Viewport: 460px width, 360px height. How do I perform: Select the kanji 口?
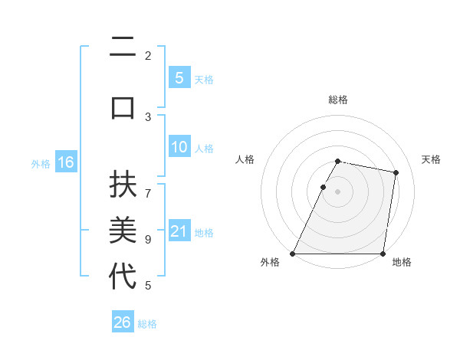123,106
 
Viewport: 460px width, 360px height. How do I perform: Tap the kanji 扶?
123,186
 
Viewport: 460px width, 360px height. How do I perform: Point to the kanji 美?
123,230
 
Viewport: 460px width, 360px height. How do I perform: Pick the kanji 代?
123,276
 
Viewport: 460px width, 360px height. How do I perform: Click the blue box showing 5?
179,77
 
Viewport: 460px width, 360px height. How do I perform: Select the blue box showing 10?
179,147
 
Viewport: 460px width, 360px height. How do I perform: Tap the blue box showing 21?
179,231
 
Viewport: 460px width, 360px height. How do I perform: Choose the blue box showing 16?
65,162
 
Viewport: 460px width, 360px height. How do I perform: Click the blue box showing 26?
123,322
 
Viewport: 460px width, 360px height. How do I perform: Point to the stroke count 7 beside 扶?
148,186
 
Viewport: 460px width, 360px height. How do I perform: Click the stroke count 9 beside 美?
148,239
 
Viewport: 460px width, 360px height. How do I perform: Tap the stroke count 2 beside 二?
148,55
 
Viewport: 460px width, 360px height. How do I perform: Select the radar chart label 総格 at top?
338,100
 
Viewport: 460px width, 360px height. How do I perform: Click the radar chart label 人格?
245,159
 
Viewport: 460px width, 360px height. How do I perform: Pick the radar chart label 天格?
431,159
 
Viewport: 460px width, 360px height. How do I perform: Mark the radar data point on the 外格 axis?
293,253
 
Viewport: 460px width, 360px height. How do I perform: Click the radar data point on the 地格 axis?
383,253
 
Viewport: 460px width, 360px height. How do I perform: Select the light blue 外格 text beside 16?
40,163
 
